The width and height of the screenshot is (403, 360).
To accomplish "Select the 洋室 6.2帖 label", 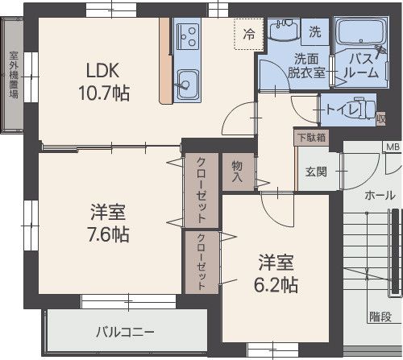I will click(277, 273).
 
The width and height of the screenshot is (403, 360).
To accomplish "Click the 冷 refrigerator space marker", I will click(249, 34).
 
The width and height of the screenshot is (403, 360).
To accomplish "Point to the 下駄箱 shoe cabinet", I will click(311, 138).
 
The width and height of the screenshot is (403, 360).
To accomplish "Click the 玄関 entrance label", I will click(315, 171).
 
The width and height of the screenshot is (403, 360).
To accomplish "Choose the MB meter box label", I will click(392, 147).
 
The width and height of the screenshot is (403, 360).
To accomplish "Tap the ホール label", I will click(380, 196).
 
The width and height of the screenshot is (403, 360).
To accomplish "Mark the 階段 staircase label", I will click(380, 317).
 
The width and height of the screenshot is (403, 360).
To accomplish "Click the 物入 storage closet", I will click(239, 170).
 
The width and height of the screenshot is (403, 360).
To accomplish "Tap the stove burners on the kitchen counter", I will click(188, 35).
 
